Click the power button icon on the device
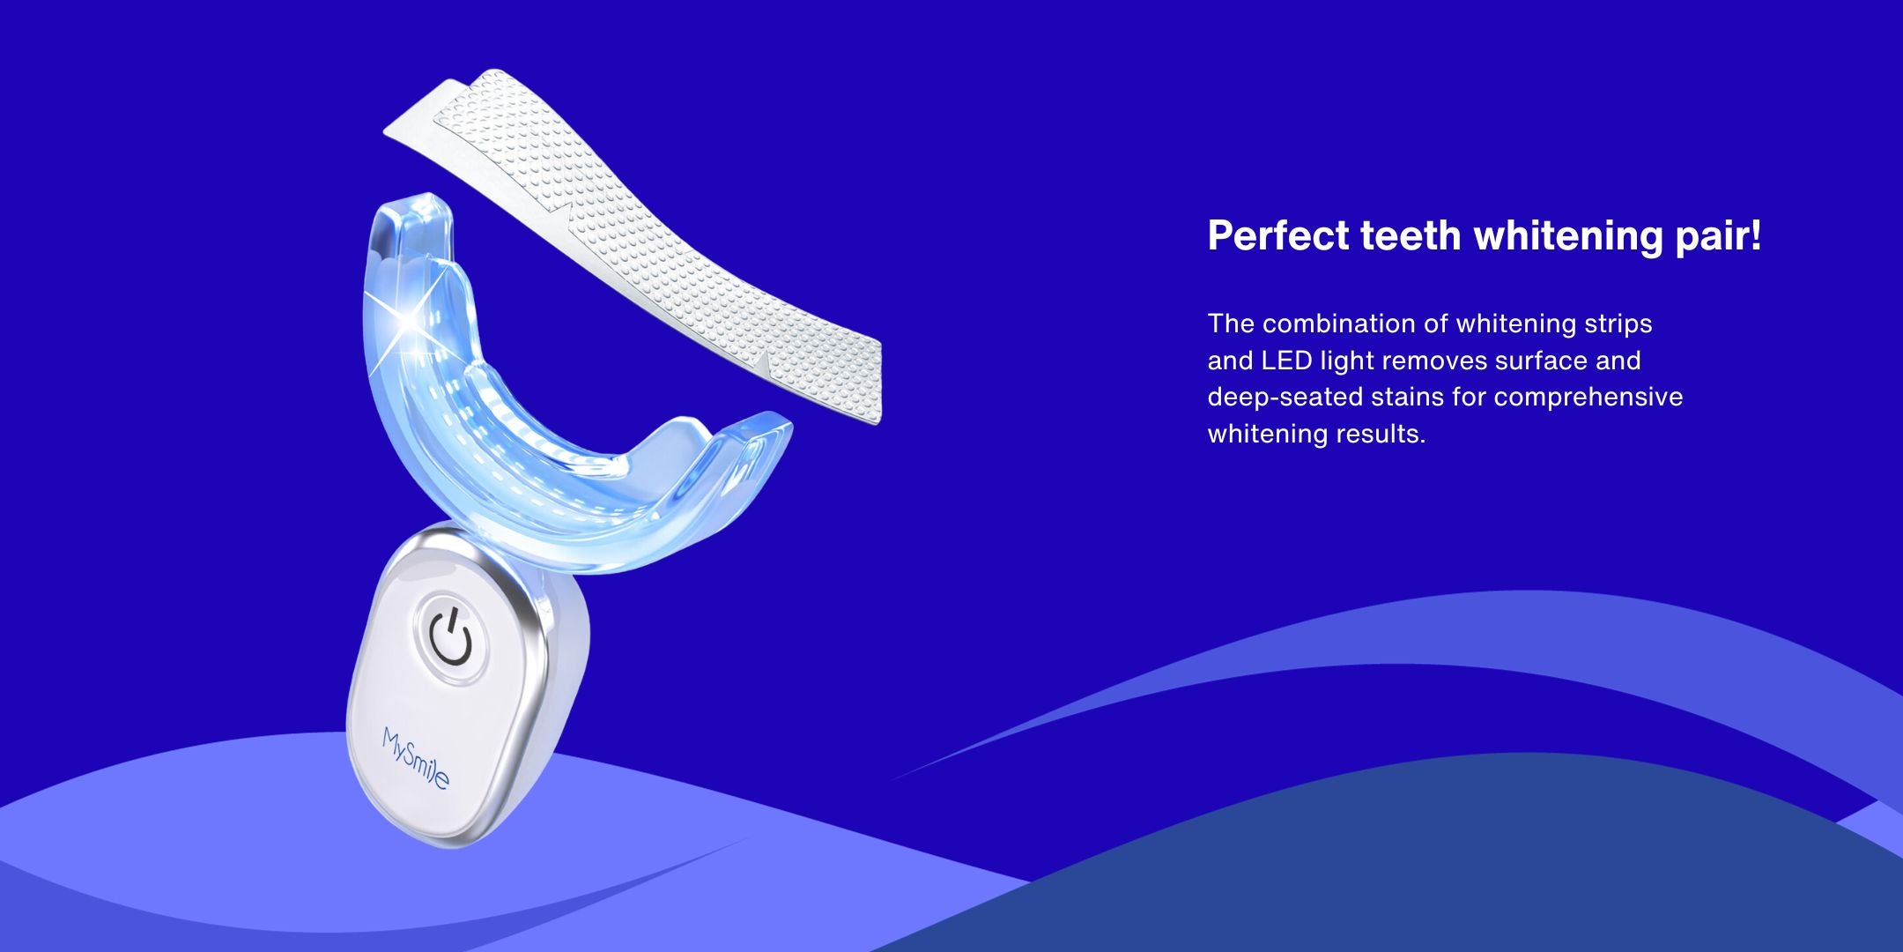click(451, 636)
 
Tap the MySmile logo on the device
click(416, 758)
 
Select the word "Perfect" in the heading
click(1277, 235)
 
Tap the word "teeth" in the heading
click(1411, 235)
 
